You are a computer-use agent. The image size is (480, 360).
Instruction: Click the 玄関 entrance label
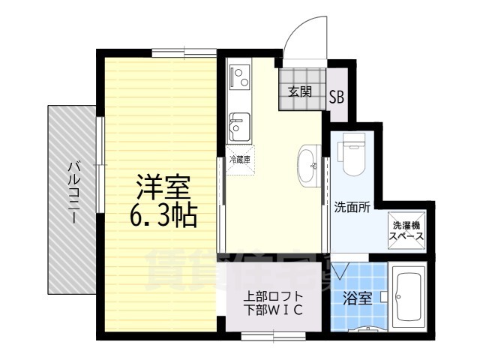pyautogui.click(x=300, y=93)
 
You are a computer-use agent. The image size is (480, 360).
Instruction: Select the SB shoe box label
pyautogui.click(x=337, y=96)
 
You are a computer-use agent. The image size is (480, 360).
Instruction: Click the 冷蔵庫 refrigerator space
pyautogui.click(x=240, y=159)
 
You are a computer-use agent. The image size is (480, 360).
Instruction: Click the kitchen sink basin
pyautogui.click(x=240, y=124)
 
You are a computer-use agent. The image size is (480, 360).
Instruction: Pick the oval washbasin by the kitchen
pyautogui.click(x=308, y=163)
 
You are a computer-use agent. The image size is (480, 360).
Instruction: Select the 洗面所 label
pyautogui.click(x=352, y=208)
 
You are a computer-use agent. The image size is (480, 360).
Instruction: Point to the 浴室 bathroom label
pyautogui.click(x=357, y=298)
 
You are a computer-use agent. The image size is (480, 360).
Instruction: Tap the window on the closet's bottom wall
pyautogui.click(x=271, y=337)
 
